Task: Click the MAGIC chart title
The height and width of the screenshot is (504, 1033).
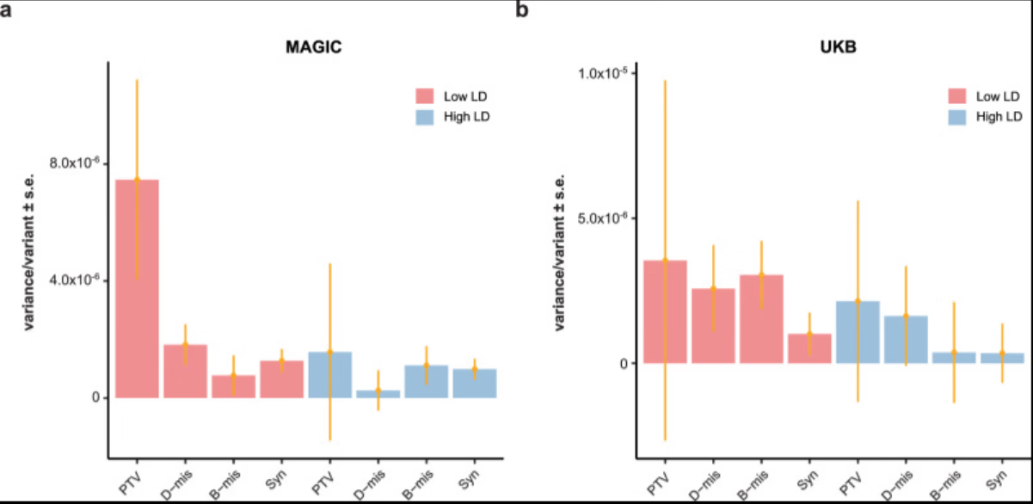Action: click(314, 48)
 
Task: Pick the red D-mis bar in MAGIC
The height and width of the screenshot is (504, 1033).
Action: click(185, 371)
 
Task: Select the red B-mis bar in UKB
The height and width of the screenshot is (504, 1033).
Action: click(761, 318)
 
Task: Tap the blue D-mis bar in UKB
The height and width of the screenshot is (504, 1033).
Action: click(906, 339)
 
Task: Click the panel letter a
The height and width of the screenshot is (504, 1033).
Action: click(6, 11)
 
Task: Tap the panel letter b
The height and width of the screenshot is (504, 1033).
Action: click(521, 11)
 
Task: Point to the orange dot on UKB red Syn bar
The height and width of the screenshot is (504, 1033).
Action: click(809, 335)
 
